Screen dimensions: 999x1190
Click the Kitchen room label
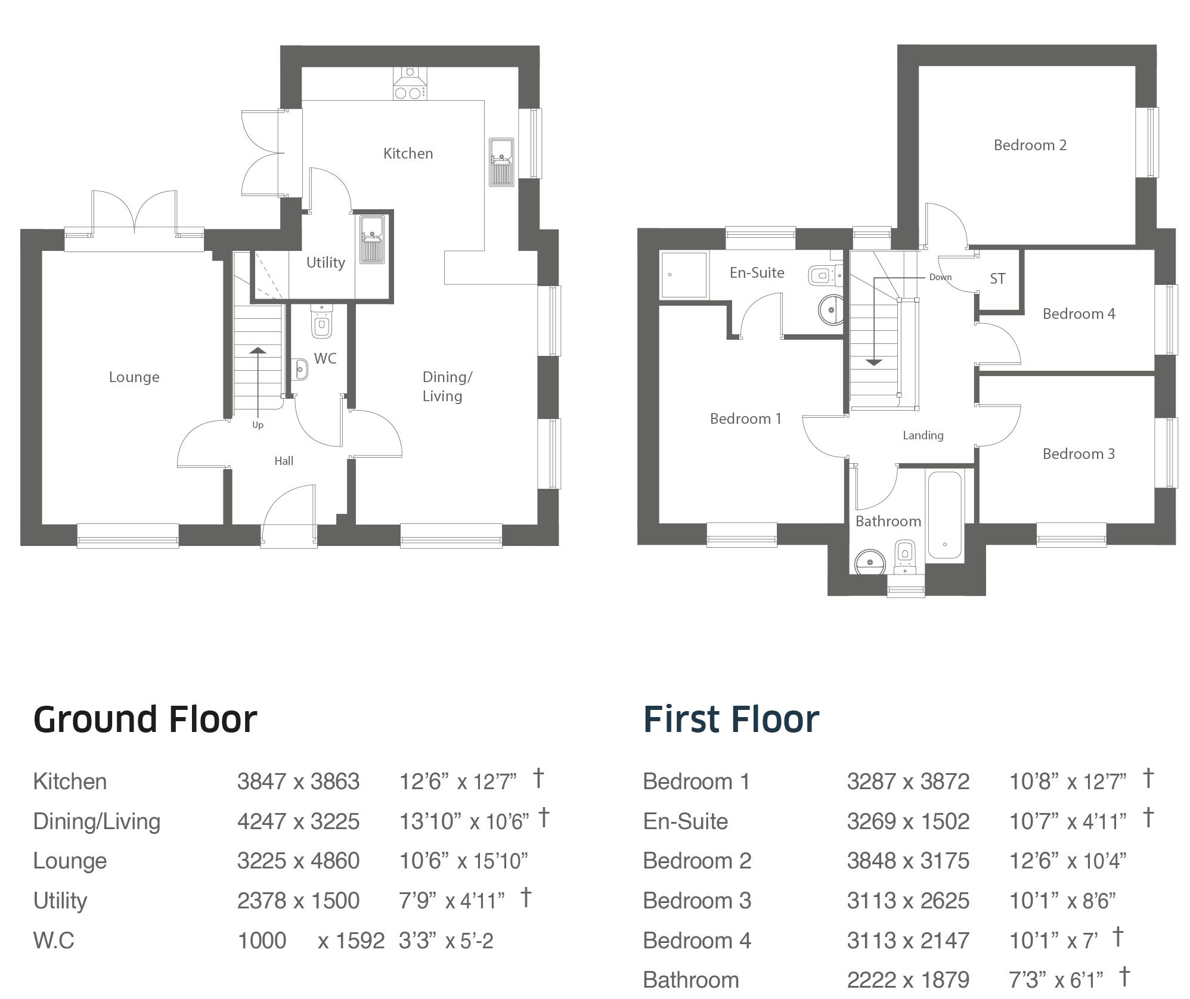(408, 154)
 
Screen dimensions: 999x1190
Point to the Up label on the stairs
(258, 425)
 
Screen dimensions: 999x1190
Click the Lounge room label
(134, 377)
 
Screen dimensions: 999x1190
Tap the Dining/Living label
(447, 386)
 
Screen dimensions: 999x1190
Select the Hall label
(284, 461)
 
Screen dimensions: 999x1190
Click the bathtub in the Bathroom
(945, 516)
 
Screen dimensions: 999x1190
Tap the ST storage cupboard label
(997, 279)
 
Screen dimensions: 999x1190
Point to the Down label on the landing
(940, 277)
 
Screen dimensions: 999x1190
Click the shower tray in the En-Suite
(684, 275)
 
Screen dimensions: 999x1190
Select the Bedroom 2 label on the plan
(1030, 145)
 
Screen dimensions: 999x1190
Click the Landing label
(923, 436)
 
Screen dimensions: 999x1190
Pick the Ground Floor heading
(145, 719)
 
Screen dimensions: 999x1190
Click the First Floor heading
(731, 719)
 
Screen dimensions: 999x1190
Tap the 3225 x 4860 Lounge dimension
(298, 861)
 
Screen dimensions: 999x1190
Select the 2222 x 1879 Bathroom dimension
(908, 980)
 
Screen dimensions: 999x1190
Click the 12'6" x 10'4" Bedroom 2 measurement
(1067, 861)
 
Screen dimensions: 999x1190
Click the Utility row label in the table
(60, 901)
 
